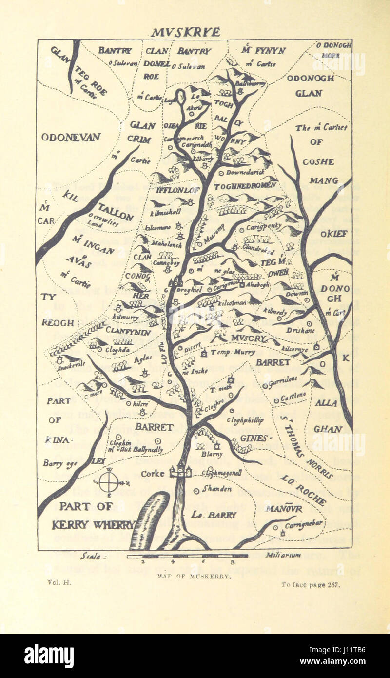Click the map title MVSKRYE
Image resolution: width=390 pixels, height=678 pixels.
click(x=185, y=32)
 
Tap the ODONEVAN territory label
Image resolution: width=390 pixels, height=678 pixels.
click(x=71, y=137)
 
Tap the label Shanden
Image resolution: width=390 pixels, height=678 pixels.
click(x=217, y=489)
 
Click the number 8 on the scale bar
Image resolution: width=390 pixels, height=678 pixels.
click(x=233, y=562)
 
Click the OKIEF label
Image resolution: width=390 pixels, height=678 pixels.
click(x=334, y=234)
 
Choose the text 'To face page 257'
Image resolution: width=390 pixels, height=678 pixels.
click(x=310, y=585)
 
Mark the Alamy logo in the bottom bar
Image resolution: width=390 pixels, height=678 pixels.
click(x=49, y=656)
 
